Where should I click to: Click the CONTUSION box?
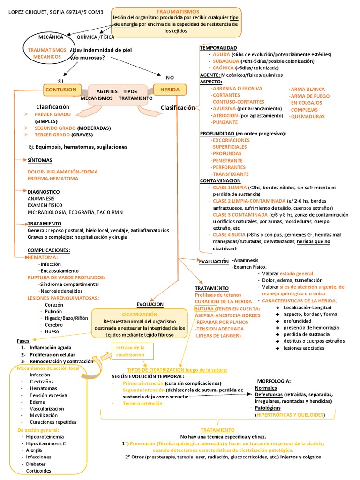coord(60,89)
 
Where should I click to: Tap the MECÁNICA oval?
coord(47,36)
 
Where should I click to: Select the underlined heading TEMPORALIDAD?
coord(218,48)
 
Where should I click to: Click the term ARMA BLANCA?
coord(307,89)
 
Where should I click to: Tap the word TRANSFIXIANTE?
coord(231,174)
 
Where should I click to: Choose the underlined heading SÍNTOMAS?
coord(40,160)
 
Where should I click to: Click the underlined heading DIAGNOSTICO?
coord(44,192)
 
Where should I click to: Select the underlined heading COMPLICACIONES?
coord(49,250)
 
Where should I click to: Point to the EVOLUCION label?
coord(150,304)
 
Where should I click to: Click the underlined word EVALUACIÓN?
coord(214,261)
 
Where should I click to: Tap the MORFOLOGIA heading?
coord(274,381)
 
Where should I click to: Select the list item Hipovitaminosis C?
coord(45,443)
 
